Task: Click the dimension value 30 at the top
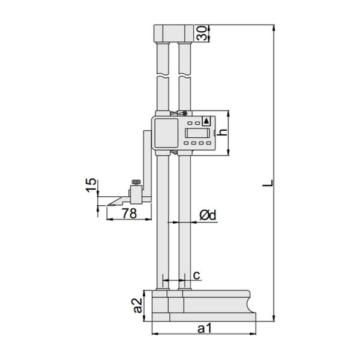(202, 33)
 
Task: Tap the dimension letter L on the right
(268, 182)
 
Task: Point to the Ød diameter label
(208, 215)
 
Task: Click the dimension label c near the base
(197, 275)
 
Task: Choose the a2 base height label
(138, 305)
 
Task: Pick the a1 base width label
(205, 328)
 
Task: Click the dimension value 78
(129, 213)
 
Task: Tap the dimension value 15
(91, 185)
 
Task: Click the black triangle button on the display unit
(206, 121)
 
